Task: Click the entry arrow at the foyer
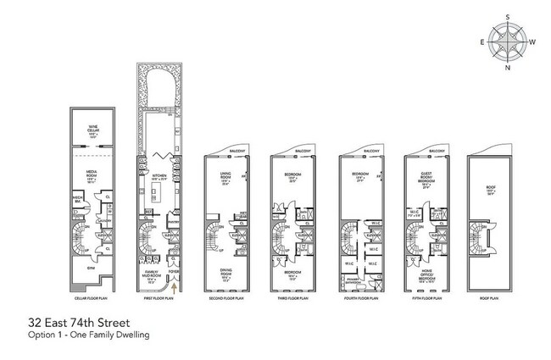pos(174,286)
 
